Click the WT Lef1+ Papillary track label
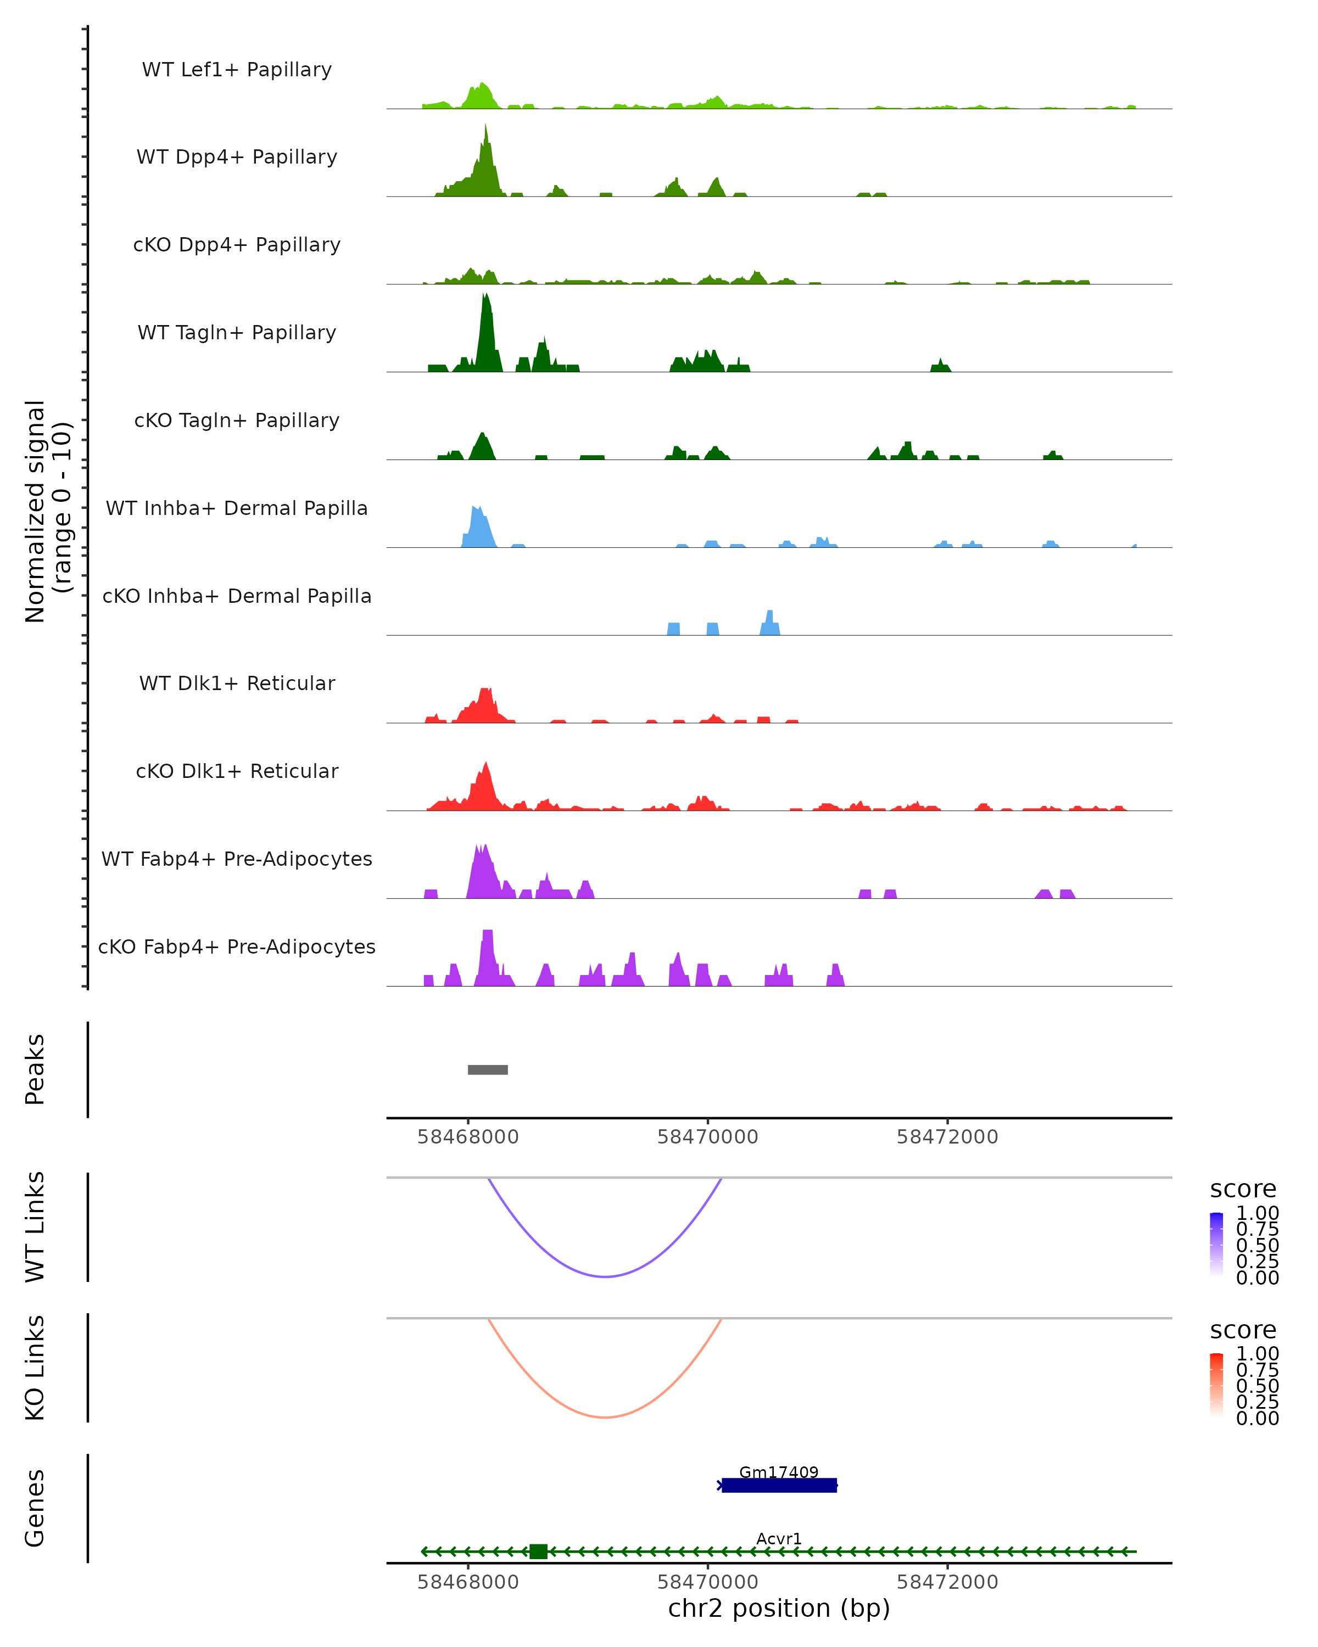[237, 70]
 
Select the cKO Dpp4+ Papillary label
[237, 244]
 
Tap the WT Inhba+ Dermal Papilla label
[237, 508]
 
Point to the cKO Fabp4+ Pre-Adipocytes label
[237, 946]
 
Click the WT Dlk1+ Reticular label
[237, 683]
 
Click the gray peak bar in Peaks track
[488, 1069]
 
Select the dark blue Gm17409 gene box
[779, 1485]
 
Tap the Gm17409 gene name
[779, 1472]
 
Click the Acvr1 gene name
[779, 1538]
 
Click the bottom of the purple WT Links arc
[605, 1276]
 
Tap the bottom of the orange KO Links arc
[605, 1417]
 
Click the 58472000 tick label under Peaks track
[947, 1137]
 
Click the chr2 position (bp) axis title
[779, 1609]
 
